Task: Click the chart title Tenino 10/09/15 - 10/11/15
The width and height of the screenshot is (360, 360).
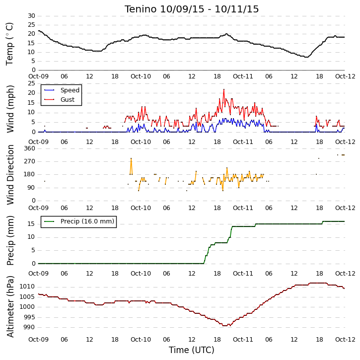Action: point(192,9)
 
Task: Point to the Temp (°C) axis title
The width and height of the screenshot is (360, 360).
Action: point(9,44)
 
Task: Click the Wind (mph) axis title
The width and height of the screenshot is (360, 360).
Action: point(10,109)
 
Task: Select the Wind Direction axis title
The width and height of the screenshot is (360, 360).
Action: point(10,175)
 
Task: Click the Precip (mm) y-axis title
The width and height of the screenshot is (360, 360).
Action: point(10,241)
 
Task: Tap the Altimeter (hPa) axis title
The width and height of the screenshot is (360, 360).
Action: point(10,306)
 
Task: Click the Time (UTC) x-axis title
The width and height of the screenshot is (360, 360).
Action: point(192,350)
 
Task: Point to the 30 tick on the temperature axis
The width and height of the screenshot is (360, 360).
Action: point(31,16)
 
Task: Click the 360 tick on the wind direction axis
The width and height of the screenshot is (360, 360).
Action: point(30,148)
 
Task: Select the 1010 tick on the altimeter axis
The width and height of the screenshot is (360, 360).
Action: point(27,287)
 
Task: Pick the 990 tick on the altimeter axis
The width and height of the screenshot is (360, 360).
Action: point(29,327)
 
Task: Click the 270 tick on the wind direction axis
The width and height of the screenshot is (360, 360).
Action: point(30,161)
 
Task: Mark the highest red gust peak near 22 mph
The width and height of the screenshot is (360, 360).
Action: point(224,89)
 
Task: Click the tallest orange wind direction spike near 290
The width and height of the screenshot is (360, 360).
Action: point(131,158)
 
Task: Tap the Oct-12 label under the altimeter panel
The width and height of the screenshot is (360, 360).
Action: point(345,339)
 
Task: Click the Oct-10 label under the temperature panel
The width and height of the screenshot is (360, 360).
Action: point(141,76)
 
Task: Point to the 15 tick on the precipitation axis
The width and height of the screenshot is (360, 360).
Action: point(31,224)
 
